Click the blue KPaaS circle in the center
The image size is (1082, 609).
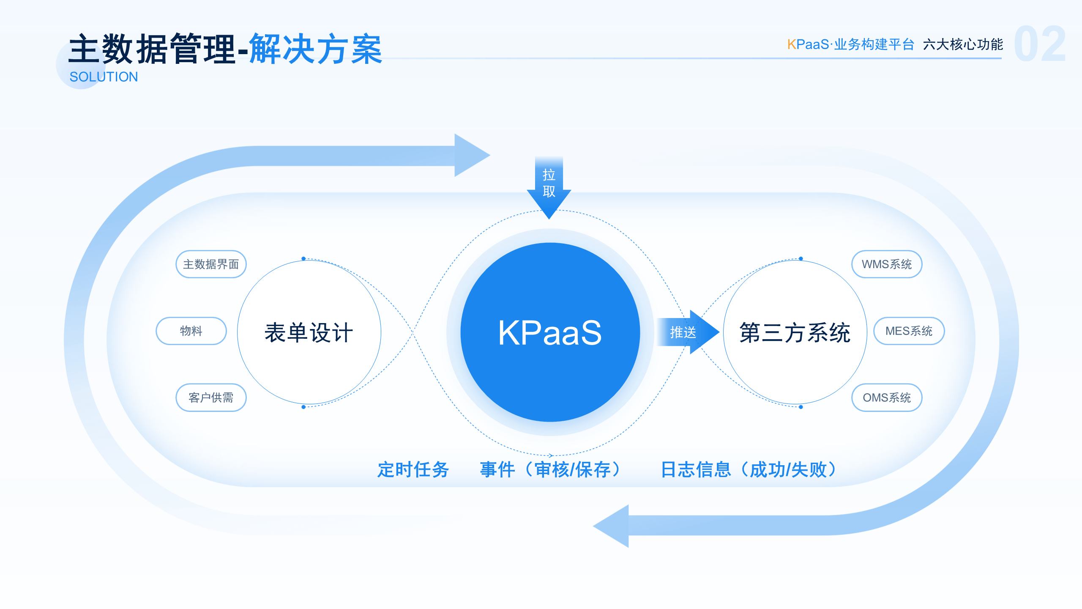pyautogui.click(x=549, y=332)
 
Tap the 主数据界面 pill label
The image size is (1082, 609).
pyautogui.click(x=211, y=264)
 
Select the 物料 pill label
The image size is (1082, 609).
pyautogui.click(x=191, y=331)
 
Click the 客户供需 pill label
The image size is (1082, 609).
pyautogui.click(x=211, y=398)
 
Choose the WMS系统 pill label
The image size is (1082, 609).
pyautogui.click(x=886, y=264)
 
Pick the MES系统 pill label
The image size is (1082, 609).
pyautogui.click(x=909, y=331)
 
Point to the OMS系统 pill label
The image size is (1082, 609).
pyautogui.click(x=886, y=398)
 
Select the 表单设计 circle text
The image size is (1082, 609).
pyautogui.click(x=309, y=332)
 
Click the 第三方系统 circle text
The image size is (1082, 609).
pyautogui.click(x=795, y=332)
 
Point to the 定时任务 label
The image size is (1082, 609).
pyautogui.click(x=413, y=469)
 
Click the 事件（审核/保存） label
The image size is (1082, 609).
pyautogui.click(x=550, y=469)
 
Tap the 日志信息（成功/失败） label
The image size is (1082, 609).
pyautogui.click(x=748, y=469)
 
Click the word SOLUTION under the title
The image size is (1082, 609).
pyautogui.click(x=104, y=77)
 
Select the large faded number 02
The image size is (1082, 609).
pyautogui.click(x=1040, y=44)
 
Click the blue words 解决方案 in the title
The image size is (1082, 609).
pyautogui.click(x=315, y=49)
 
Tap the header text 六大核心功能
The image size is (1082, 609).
pyautogui.click(x=963, y=44)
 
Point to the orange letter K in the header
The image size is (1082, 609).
pyautogui.click(x=791, y=44)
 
